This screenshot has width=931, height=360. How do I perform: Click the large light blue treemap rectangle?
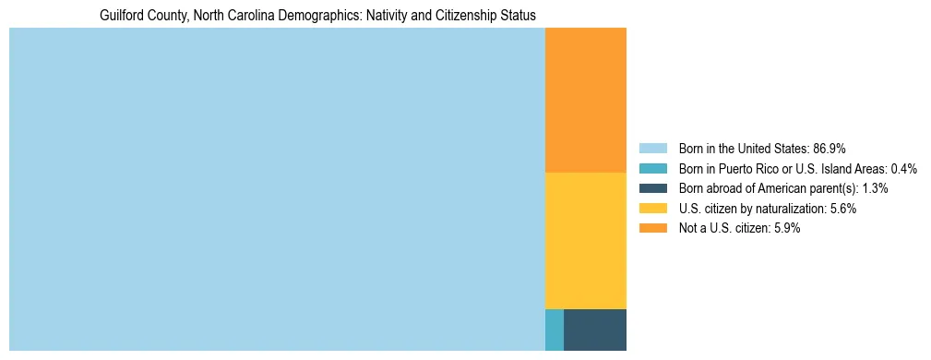[x=277, y=189]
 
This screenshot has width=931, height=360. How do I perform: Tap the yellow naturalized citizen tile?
[x=586, y=240]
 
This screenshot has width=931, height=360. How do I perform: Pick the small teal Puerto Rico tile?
[x=555, y=330]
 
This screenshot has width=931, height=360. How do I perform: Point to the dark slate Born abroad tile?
[x=595, y=330]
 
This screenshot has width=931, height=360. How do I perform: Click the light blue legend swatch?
[x=652, y=148]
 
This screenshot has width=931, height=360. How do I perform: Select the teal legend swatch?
[x=652, y=168]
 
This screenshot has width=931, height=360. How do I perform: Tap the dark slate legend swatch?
[x=652, y=188]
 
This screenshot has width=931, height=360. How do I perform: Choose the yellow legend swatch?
[x=652, y=209]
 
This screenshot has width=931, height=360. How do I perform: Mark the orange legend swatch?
[x=652, y=229]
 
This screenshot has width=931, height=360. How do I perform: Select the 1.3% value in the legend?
[x=872, y=188]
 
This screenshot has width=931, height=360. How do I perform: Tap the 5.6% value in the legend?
[x=841, y=209]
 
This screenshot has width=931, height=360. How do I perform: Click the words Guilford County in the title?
[x=141, y=16]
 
